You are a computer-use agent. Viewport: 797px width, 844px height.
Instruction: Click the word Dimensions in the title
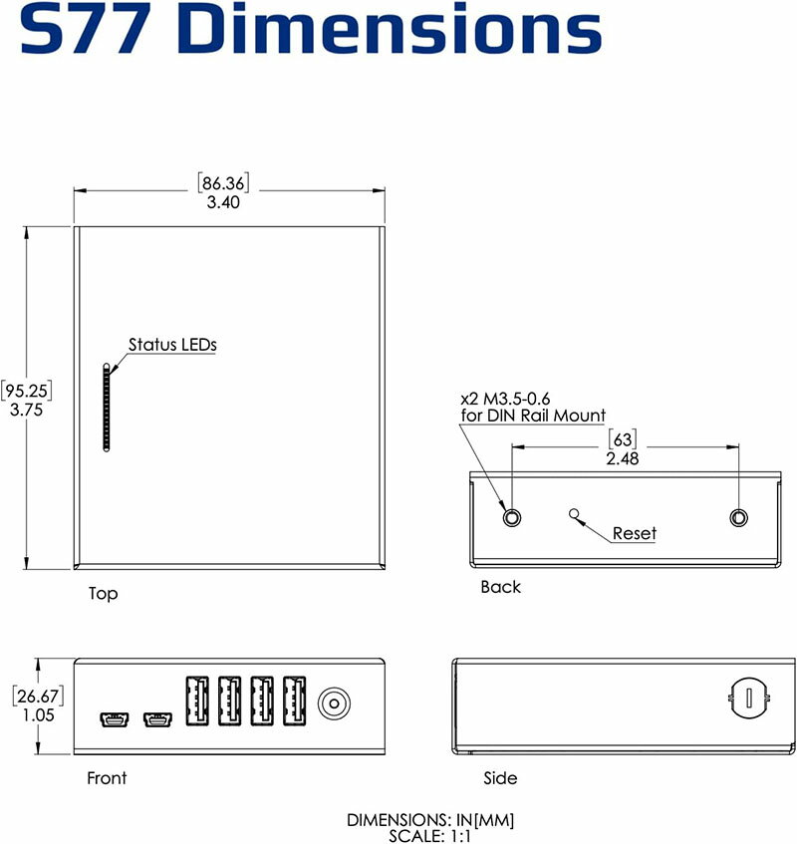point(396,30)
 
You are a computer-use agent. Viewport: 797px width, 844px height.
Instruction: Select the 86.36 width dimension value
point(224,183)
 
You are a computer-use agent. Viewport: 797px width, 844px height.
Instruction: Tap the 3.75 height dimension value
point(26,409)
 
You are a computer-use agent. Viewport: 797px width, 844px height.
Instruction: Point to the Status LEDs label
point(172,345)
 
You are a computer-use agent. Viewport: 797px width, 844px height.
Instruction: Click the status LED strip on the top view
point(105,407)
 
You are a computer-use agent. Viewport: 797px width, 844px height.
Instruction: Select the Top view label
point(103,594)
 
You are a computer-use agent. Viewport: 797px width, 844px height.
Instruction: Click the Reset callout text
point(634,534)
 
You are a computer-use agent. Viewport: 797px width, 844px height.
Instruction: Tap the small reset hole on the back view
point(573,513)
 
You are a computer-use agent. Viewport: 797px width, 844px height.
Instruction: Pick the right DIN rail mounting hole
point(738,517)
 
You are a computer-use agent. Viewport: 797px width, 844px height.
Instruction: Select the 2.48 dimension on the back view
point(623,458)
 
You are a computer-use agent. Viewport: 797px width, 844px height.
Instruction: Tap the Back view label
point(500,587)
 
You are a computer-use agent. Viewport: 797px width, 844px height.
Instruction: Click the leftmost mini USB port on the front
point(111,718)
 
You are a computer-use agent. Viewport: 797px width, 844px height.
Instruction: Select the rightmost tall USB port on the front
point(294,703)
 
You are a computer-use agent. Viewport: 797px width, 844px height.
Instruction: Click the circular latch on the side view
point(744,696)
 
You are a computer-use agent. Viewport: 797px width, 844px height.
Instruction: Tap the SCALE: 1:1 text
point(430,834)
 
